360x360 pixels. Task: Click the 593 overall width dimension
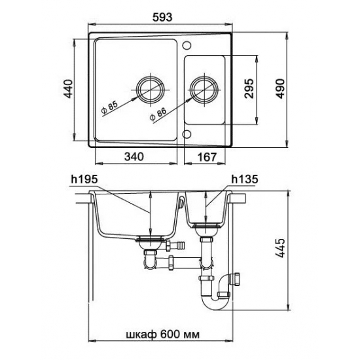pyautogui.click(x=162, y=17)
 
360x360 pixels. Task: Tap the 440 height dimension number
pyautogui.click(x=68, y=88)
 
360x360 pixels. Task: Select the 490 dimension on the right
pyautogui.click(x=280, y=88)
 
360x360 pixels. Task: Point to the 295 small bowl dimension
pyautogui.click(x=249, y=88)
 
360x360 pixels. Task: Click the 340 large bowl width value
pyautogui.click(x=134, y=156)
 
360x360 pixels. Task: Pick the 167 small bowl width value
pyautogui.click(x=207, y=157)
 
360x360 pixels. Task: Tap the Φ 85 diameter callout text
pyautogui.click(x=109, y=107)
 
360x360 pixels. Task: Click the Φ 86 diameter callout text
pyautogui.click(x=158, y=114)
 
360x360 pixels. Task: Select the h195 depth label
pyautogui.click(x=84, y=179)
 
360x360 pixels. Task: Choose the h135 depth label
pyautogui.click(x=245, y=179)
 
